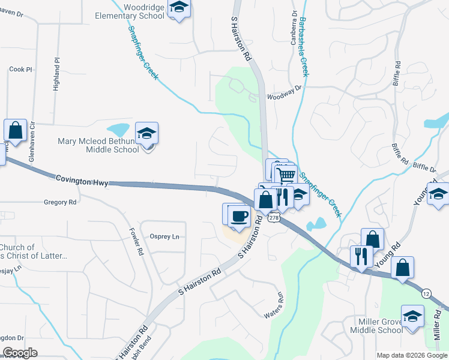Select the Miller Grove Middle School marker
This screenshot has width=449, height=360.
412,316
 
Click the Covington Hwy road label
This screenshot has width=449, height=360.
82,180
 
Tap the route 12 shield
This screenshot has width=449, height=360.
426,293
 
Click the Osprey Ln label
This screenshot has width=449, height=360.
164,236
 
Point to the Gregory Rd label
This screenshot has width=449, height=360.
60,203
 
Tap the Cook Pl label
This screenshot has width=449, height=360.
20,70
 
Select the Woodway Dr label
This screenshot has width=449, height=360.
283,93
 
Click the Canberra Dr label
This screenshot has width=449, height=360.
294,28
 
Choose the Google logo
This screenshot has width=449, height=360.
20,353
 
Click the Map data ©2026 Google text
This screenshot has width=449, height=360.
411,355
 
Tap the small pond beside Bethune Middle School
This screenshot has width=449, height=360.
118,129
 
